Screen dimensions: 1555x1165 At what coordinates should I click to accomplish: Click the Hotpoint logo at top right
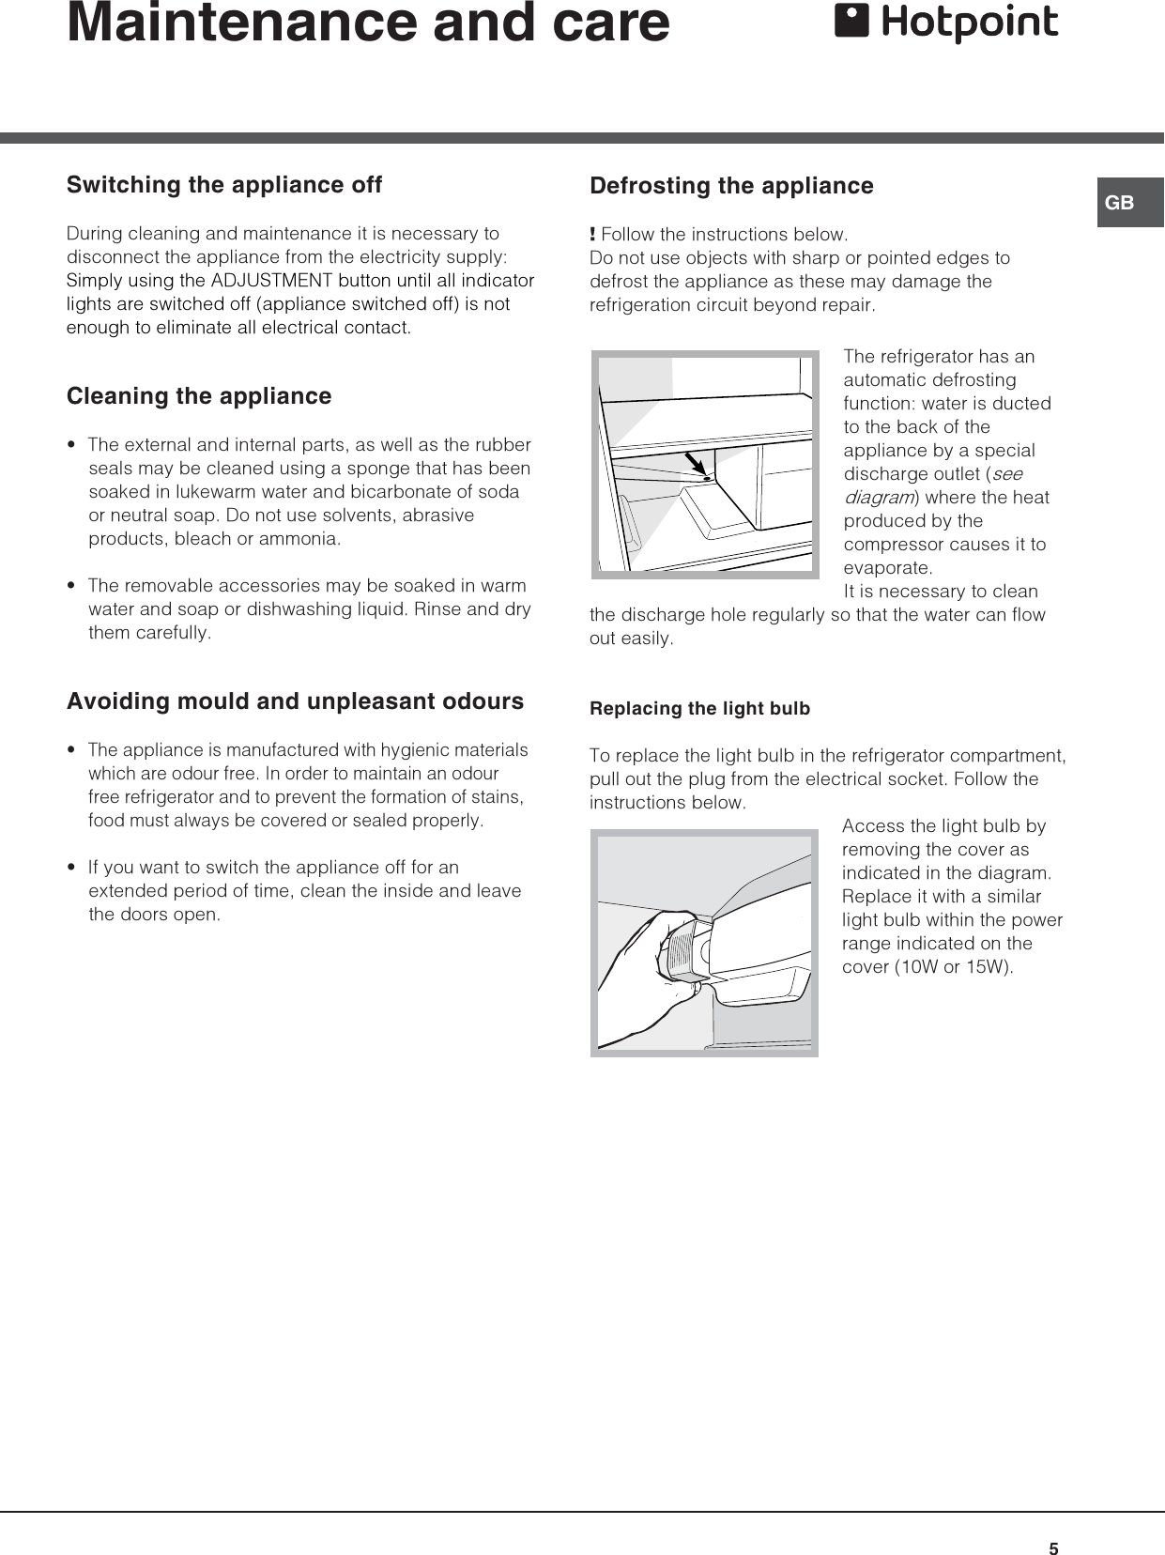(946, 23)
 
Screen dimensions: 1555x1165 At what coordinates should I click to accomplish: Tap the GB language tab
(1121, 203)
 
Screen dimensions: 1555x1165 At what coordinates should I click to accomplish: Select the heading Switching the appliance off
(224, 185)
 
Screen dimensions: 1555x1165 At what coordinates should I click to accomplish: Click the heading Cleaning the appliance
(199, 396)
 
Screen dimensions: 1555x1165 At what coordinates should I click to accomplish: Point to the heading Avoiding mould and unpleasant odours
(295, 701)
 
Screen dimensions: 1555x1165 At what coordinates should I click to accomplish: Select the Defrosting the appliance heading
(731, 186)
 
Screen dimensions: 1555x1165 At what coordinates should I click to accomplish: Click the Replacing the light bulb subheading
(699, 709)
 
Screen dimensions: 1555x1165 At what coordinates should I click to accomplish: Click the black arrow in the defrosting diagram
(695, 463)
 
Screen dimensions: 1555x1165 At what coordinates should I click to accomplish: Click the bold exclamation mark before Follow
(592, 234)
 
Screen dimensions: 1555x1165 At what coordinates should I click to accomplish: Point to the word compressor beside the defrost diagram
(892, 545)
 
